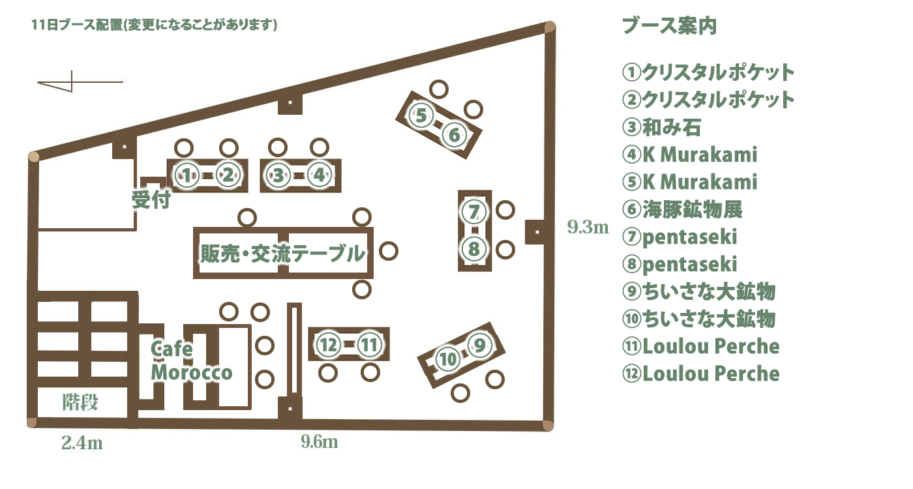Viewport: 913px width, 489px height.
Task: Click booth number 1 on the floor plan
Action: coord(187,175)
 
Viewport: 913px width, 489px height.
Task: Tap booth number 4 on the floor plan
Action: coord(319,175)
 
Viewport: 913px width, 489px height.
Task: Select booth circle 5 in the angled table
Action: coord(421,116)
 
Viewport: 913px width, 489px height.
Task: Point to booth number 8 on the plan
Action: coord(474,249)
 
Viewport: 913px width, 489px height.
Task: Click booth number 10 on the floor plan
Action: coord(447,359)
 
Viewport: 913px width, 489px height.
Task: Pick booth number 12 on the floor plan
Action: coord(329,344)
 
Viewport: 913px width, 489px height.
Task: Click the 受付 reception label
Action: coord(151,200)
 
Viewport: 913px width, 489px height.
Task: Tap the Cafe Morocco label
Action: coord(191,361)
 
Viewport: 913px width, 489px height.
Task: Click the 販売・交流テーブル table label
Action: coord(282,253)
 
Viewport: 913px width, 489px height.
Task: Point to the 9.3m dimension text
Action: coord(588,228)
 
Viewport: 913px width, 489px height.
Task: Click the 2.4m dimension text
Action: coord(82,443)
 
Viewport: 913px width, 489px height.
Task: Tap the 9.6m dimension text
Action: coord(320,442)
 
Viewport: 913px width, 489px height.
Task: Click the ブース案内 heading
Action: coord(669,26)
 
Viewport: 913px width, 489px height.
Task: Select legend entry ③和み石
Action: coord(661,127)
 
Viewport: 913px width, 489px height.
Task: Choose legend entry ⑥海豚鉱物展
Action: coord(682,209)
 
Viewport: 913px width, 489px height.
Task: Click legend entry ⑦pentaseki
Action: coord(680,237)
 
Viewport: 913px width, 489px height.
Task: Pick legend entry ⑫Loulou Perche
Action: coord(701,374)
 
